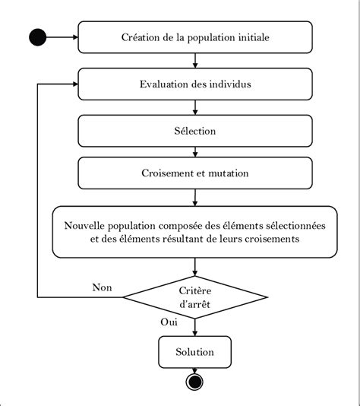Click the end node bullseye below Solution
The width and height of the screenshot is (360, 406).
tap(195, 382)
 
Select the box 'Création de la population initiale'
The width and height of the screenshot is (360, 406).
tap(195, 36)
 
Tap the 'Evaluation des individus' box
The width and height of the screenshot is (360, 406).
tap(195, 84)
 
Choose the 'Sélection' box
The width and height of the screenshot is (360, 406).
tap(195, 131)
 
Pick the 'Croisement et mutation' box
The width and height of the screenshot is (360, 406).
tap(195, 173)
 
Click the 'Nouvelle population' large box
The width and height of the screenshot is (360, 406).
tap(195, 232)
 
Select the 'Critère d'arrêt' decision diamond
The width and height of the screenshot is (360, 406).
tap(195, 297)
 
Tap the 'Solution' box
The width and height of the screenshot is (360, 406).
tap(195, 352)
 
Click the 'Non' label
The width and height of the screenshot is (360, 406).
tap(102, 287)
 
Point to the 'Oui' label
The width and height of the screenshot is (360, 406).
tap(169, 322)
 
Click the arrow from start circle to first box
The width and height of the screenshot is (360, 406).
tap(64, 36)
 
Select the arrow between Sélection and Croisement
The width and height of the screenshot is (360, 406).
tap(195, 152)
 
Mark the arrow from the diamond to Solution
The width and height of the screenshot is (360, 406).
tap(195, 327)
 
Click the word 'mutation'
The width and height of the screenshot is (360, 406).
tap(228, 173)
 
